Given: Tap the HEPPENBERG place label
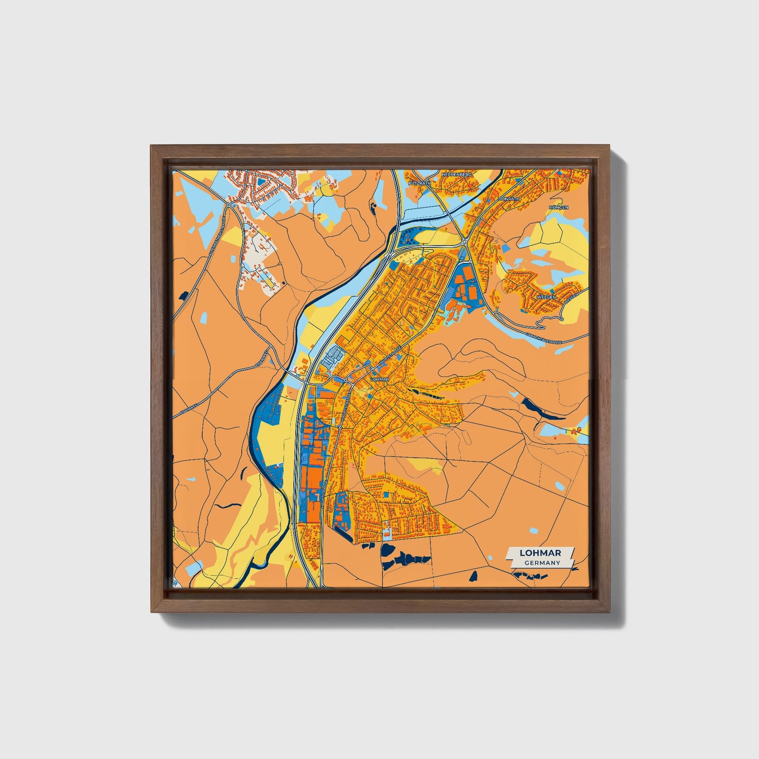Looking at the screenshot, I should pyautogui.click(x=458, y=174).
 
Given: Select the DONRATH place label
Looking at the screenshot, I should pyautogui.click(x=508, y=200).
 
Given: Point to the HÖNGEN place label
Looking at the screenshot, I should pyautogui.click(x=558, y=207).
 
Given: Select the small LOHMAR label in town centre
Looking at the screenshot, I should pyautogui.click(x=379, y=379).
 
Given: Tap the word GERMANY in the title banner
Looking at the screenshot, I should pyautogui.click(x=542, y=563).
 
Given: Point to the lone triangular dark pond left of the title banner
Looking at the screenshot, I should pyautogui.click(x=474, y=576).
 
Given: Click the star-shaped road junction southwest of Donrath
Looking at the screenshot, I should pyautogui.click(x=464, y=241).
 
